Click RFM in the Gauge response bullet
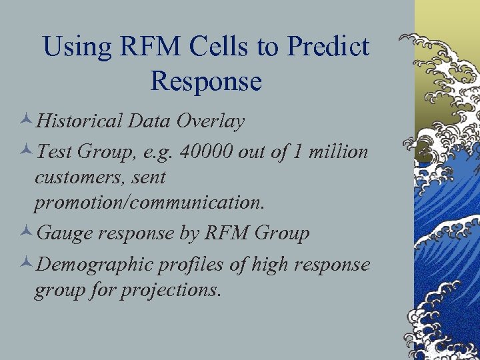pos(225,233)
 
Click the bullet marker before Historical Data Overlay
pos(27,122)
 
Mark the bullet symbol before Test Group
pos(27,153)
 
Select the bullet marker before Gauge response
pos(27,234)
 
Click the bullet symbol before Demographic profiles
pos(27,265)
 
